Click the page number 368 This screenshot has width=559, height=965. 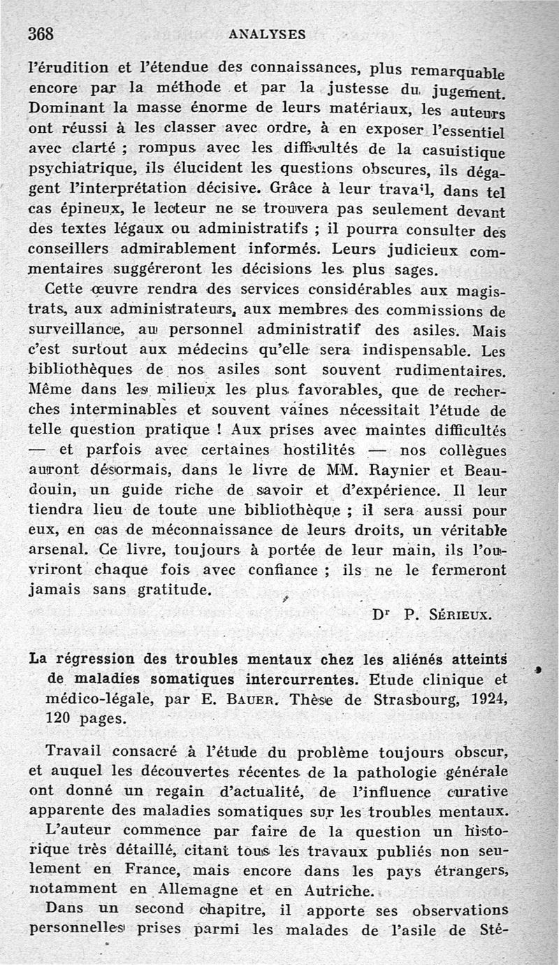tap(41, 33)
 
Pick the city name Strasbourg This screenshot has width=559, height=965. tap(412, 699)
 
